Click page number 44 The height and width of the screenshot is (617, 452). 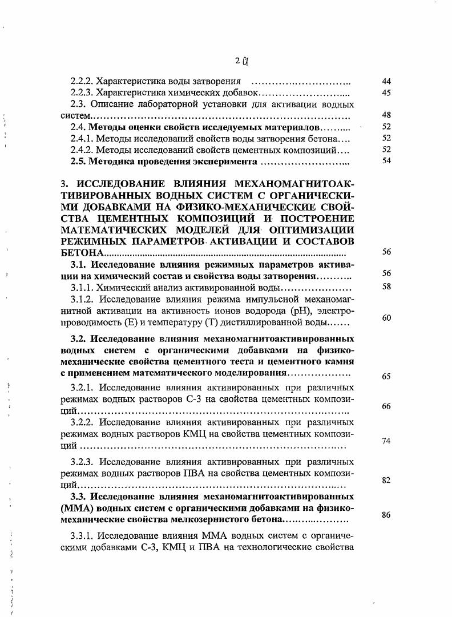click(x=386, y=82)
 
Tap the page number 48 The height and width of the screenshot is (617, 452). click(x=386, y=115)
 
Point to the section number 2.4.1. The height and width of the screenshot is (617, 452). click(x=81, y=138)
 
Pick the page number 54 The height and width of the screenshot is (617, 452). click(x=386, y=160)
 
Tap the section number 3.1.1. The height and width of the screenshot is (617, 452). click(x=82, y=287)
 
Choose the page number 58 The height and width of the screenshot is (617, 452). click(x=386, y=287)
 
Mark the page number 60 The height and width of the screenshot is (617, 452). click(x=386, y=317)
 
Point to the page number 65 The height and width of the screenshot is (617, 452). click(x=386, y=376)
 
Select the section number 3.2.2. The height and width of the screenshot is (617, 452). click(x=83, y=423)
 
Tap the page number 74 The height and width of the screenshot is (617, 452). click(x=386, y=441)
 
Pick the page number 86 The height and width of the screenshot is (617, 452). click(x=386, y=514)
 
